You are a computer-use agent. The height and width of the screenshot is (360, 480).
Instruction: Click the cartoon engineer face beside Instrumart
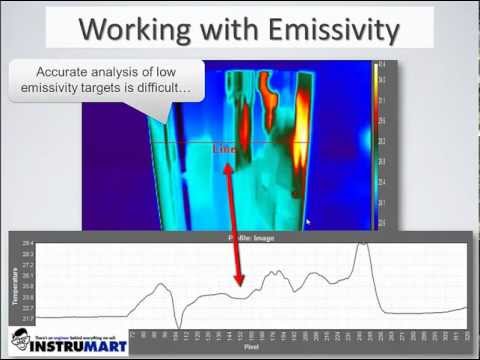(x=17, y=339)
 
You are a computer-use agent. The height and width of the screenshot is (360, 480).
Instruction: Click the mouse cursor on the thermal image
(x=309, y=222)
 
